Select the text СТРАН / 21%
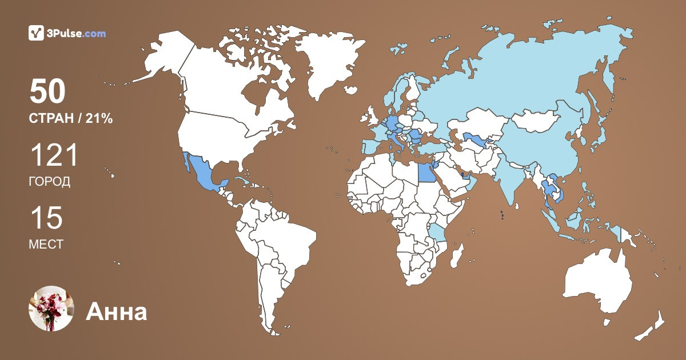click(70, 119)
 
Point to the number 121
click(53, 155)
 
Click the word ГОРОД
click(49, 182)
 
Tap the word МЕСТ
click(46, 245)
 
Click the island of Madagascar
click(456, 255)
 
